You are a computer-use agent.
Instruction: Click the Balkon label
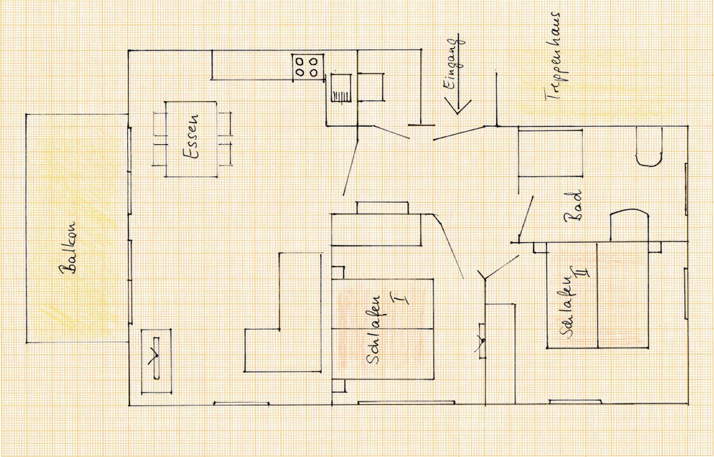68,248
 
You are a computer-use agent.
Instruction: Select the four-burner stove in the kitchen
307,67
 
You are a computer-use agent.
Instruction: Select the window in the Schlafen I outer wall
406,403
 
